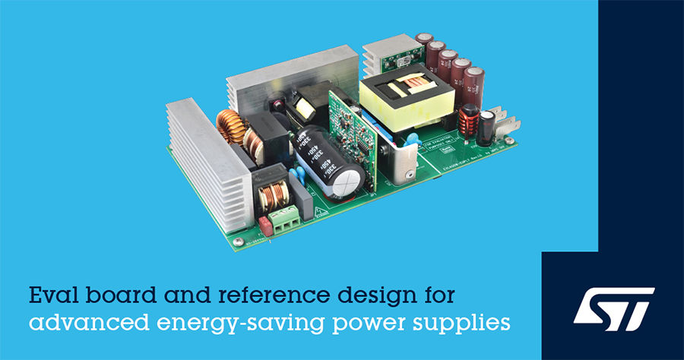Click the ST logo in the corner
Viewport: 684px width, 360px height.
(613, 307)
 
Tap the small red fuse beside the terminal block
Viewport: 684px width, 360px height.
(265, 224)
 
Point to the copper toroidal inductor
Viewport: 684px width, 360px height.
(230, 131)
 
